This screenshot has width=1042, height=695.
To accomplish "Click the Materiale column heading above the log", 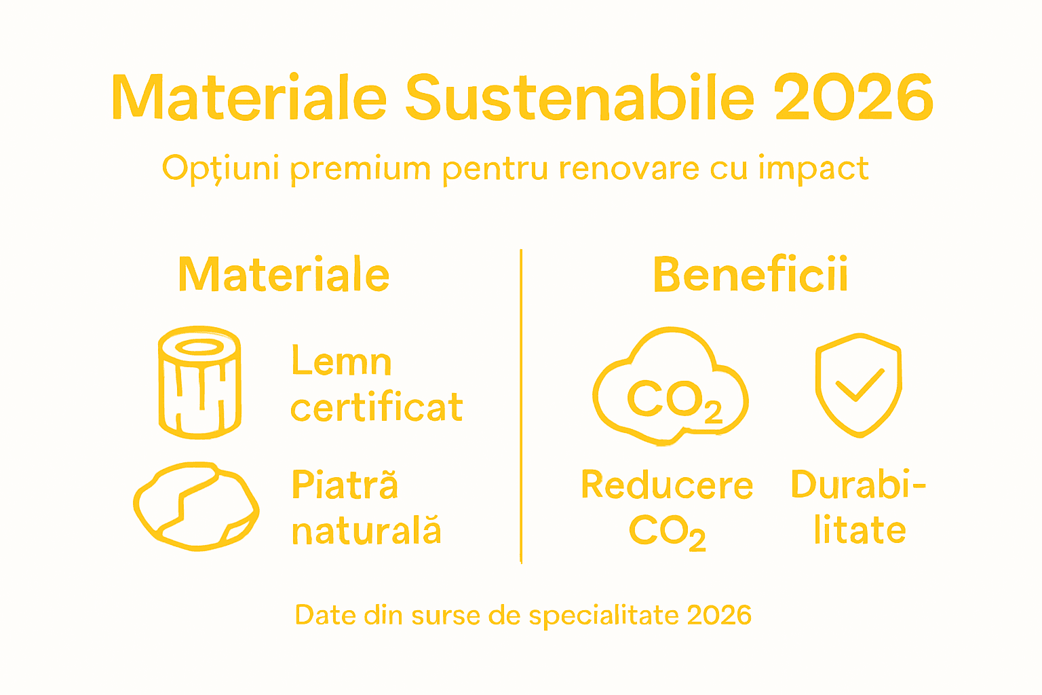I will point(284,275).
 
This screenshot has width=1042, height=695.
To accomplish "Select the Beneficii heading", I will point(750,275).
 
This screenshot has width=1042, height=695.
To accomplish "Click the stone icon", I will point(196,505).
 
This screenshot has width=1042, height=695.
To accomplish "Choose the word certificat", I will point(377,407).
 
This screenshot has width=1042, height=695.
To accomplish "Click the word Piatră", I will point(345,485).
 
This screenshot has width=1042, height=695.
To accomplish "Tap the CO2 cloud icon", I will point(671,387).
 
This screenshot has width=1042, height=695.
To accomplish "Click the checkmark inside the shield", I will point(860,385).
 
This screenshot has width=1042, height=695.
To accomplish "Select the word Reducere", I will point(667,485).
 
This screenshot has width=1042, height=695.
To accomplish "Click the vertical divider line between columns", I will point(521,407).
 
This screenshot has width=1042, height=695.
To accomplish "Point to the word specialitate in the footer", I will point(604,615).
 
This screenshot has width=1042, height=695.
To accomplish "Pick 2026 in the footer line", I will point(719,615).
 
